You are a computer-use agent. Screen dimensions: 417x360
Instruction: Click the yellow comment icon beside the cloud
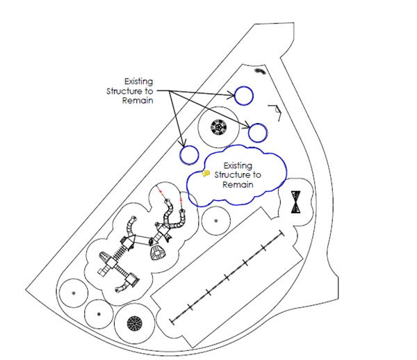[x=206, y=174]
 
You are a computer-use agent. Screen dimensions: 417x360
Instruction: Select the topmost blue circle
[x=244, y=87]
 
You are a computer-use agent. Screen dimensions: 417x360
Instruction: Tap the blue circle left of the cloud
[x=189, y=147]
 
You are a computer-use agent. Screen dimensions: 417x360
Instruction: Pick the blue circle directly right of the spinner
[x=258, y=124]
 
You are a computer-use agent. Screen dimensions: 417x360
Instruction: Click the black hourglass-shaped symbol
[x=296, y=202]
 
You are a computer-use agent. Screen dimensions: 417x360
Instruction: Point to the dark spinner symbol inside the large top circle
[x=219, y=127]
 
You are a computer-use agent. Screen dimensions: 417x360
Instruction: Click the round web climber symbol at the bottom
[x=135, y=324]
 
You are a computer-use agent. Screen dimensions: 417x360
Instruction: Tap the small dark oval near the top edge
[x=260, y=71]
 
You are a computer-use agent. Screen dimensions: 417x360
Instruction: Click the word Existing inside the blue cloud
[x=238, y=165]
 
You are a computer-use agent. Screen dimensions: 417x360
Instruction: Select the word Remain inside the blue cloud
[x=238, y=185]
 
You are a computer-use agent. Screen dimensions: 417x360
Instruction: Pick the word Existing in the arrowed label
[x=138, y=81]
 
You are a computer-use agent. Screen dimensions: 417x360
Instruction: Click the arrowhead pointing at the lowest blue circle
[x=182, y=144]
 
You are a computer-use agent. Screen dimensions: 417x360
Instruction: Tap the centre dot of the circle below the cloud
[x=216, y=221]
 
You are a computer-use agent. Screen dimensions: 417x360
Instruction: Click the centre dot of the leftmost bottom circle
[x=74, y=293]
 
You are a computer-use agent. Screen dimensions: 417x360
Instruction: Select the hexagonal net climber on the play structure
[x=158, y=252]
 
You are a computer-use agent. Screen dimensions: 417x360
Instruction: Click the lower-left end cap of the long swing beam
[x=172, y=322]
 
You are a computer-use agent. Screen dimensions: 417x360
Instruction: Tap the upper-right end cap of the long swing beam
[x=281, y=234]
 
